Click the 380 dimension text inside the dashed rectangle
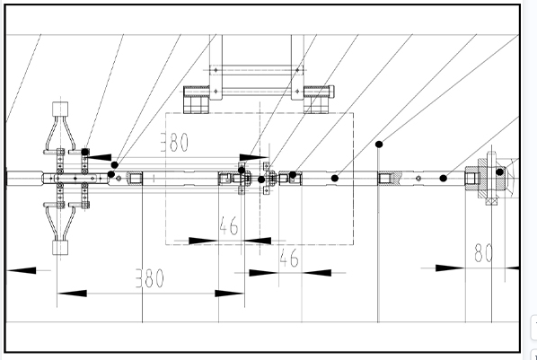click(175, 142)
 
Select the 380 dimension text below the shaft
click(150, 278)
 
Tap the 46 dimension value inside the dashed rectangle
click(229, 225)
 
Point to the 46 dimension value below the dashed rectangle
click(289, 258)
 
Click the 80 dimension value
click(484, 253)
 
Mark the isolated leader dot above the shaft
click(379, 145)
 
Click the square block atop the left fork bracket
click(60, 109)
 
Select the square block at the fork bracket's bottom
click(60, 248)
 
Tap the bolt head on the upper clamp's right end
click(331, 91)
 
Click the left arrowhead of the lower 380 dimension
click(72, 294)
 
